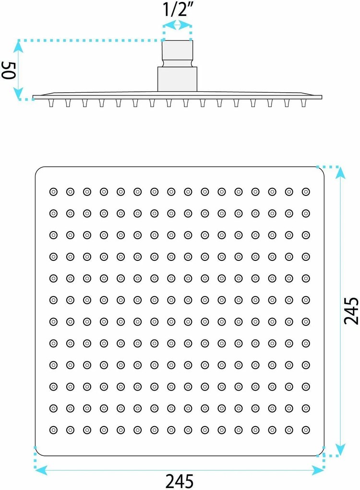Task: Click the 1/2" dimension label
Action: tap(177, 10)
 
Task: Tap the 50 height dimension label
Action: tap(9, 70)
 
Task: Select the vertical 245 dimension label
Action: tap(351, 311)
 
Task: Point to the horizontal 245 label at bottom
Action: tap(179, 481)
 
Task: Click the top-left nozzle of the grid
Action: tap(53, 192)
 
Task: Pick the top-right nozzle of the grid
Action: tap(306, 192)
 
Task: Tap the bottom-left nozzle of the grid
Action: tap(53, 430)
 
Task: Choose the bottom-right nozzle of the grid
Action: tap(306, 430)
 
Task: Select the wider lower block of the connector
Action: tap(177, 79)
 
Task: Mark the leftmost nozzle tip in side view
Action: tap(51, 103)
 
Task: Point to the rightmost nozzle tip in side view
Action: tap(303, 103)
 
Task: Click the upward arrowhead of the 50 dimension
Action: tap(18, 47)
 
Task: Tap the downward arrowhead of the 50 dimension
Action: tap(18, 93)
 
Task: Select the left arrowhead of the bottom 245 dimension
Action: tap(41, 470)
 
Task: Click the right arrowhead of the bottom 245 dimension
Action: tap(318, 470)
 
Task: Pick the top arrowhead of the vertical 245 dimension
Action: tap(340, 173)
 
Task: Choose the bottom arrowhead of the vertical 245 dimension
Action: tap(340, 450)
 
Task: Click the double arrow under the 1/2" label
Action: tap(177, 25)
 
